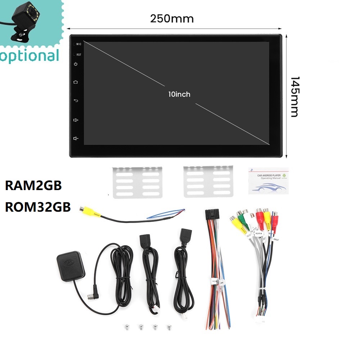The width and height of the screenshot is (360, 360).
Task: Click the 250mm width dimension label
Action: point(172,18)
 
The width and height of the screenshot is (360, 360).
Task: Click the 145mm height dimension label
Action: point(294,96)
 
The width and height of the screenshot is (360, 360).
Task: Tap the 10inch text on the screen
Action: point(179,94)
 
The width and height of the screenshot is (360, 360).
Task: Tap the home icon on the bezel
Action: point(76,82)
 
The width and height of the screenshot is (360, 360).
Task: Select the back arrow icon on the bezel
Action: point(76,100)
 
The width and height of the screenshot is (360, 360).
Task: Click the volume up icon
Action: point(76,120)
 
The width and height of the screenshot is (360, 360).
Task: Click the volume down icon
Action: point(76,138)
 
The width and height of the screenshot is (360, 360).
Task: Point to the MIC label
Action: point(79,44)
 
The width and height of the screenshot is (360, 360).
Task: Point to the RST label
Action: point(78,55)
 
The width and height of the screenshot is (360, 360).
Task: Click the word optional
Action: point(30,56)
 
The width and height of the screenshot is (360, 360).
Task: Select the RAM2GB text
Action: point(33,186)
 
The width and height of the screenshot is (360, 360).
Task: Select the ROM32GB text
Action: point(38,207)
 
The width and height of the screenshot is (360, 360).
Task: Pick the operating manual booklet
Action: point(268,181)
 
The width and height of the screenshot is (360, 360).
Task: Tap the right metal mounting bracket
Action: point(208,181)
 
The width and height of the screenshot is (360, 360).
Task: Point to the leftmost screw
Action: point(126,327)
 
